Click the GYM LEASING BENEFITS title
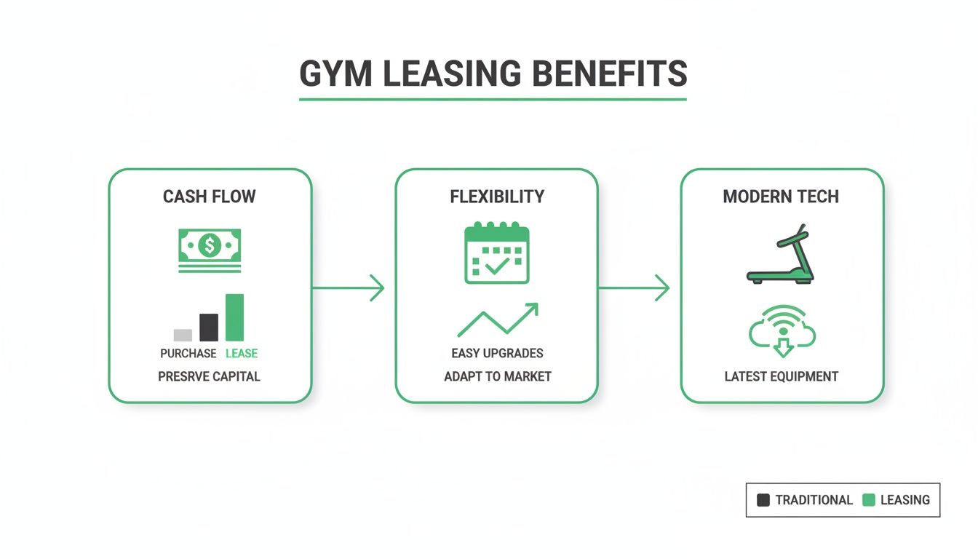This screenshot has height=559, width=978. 493,74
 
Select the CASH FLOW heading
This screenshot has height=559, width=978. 210,197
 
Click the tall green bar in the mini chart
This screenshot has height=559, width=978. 234,317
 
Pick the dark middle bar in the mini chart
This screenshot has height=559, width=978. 209,328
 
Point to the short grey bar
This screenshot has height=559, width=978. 183,335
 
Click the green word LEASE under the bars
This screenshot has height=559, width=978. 242,354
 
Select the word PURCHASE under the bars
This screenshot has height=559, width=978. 188,354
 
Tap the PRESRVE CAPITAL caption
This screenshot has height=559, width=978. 209,377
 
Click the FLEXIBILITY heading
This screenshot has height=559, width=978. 497,197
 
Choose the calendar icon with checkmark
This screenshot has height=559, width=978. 497,253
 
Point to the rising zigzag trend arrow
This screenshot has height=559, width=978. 498,320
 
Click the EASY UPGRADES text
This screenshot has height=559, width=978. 497,354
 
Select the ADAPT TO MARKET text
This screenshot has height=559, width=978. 498,377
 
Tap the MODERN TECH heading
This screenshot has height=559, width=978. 781,197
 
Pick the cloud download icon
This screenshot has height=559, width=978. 782,331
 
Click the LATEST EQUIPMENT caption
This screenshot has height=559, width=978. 782,377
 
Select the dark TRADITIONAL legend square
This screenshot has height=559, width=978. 763,500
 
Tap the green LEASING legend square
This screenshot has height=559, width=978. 868,500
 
